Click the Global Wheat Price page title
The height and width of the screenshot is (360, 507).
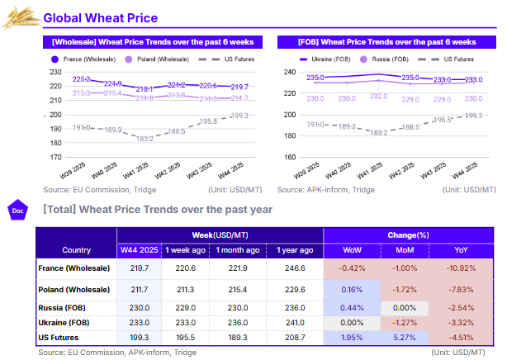click(100, 18)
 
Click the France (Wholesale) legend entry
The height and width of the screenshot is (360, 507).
click(88, 59)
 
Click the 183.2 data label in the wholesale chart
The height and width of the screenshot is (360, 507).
click(145, 138)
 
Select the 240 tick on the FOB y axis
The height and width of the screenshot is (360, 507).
click(289, 73)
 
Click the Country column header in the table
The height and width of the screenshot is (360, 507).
click(75, 250)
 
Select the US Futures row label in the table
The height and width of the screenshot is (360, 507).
click(60, 336)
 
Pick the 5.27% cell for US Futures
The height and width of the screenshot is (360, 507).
click(405, 336)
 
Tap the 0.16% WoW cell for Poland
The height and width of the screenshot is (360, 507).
click(352, 290)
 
